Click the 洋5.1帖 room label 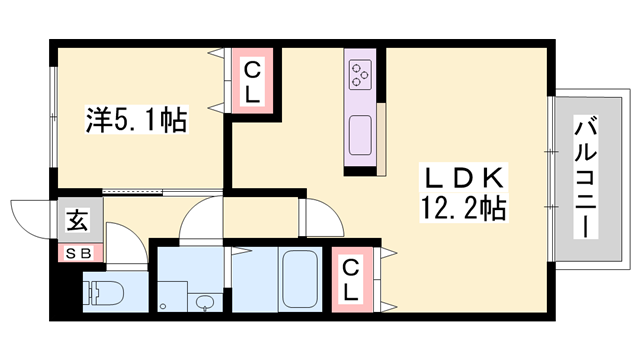point(135,122)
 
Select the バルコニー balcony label point(585,178)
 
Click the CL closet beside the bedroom point(254,82)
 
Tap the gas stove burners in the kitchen point(360,72)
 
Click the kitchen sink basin point(361,130)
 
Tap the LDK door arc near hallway point(322,215)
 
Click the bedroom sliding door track point(160,190)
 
